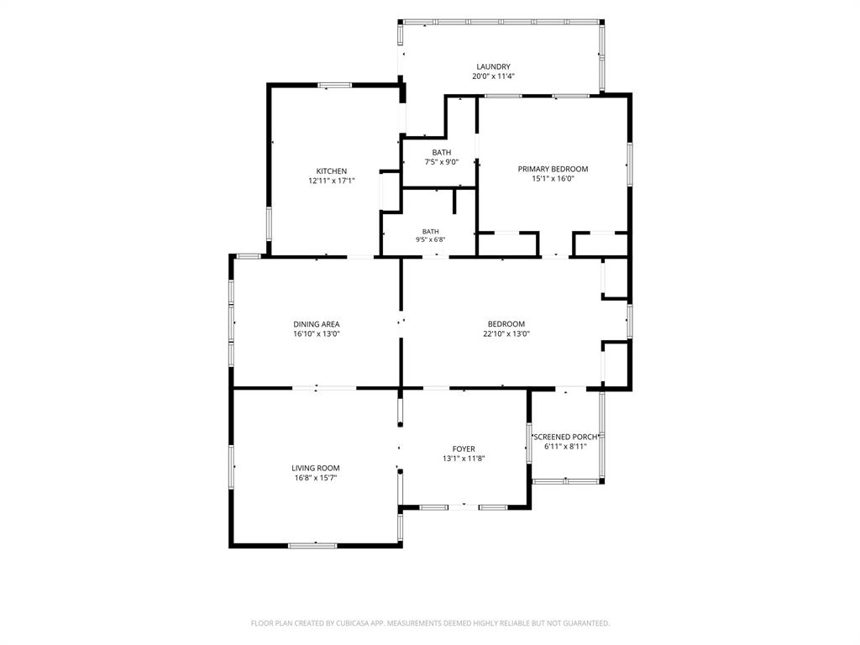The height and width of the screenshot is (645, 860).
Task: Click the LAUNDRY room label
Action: pyautogui.click(x=493, y=67)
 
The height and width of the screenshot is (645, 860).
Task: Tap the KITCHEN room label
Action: pyautogui.click(x=331, y=171)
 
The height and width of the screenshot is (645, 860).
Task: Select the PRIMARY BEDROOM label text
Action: pyautogui.click(x=553, y=169)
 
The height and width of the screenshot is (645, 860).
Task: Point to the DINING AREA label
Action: pyautogui.click(x=317, y=324)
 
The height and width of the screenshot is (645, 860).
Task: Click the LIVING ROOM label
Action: pyautogui.click(x=316, y=468)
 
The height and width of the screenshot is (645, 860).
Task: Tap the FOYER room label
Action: pyautogui.click(x=464, y=448)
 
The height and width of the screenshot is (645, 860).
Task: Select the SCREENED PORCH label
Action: pyautogui.click(x=565, y=437)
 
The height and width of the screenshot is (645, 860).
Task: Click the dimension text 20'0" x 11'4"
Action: pyautogui.click(x=493, y=76)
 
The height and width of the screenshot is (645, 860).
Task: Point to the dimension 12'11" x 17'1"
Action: pyautogui.click(x=331, y=181)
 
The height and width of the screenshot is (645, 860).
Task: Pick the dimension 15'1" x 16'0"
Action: pyautogui.click(x=553, y=178)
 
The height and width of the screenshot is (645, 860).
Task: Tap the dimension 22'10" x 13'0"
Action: pyautogui.click(x=506, y=333)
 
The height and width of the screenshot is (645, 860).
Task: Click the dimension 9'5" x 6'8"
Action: pyautogui.click(x=431, y=239)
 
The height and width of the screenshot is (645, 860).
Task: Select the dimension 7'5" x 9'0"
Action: pyautogui.click(x=442, y=162)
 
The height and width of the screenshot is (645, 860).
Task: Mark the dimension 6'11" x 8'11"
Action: pyautogui.click(x=565, y=447)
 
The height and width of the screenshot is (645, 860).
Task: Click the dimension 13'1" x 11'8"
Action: pyautogui.click(x=464, y=459)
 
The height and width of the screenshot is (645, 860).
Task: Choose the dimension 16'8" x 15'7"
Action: pyautogui.click(x=316, y=478)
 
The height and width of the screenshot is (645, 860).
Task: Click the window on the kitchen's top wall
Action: pyautogui.click(x=335, y=85)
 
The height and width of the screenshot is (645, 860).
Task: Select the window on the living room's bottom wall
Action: pyautogui.click(x=312, y=545)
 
